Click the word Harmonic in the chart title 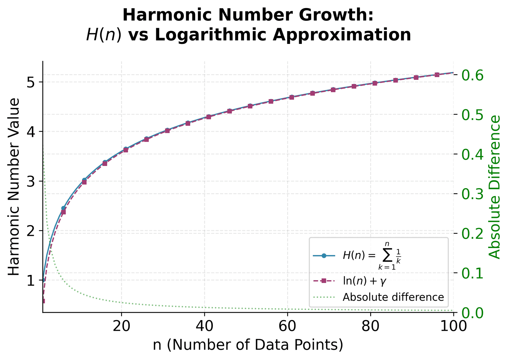pos(157,15)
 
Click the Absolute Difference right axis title pos(495,187)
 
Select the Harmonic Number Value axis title pos(14,187)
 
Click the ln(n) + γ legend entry pos(364,281)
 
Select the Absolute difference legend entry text pos(393,297)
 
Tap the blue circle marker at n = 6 pos(63,208)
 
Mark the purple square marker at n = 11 pos(84,182)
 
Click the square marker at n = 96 pos(437,75)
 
